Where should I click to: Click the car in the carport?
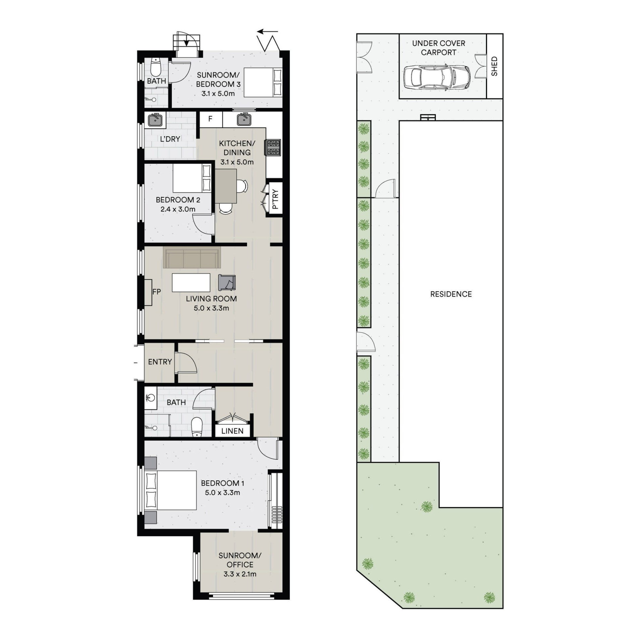coord(437,77)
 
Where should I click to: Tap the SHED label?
coord(494,66)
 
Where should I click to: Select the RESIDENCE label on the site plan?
coord(451,294)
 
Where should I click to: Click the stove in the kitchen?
coord(273,148)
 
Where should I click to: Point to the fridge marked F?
coord(211,119)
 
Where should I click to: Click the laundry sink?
coord(155,120)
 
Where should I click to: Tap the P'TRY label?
coord(275,199)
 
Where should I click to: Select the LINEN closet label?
coord(232,431)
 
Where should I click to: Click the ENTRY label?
coord(160,362)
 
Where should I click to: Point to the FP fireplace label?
coord(156,292)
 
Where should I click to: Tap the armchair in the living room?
coord(227,282)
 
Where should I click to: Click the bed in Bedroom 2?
coord(192,178)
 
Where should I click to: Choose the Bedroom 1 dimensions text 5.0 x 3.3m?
coord(222,493)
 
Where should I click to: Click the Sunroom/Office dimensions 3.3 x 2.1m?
coord(240,574)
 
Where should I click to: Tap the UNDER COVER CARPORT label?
coord(438,48)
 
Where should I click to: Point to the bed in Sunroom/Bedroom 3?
coord(263,83)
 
